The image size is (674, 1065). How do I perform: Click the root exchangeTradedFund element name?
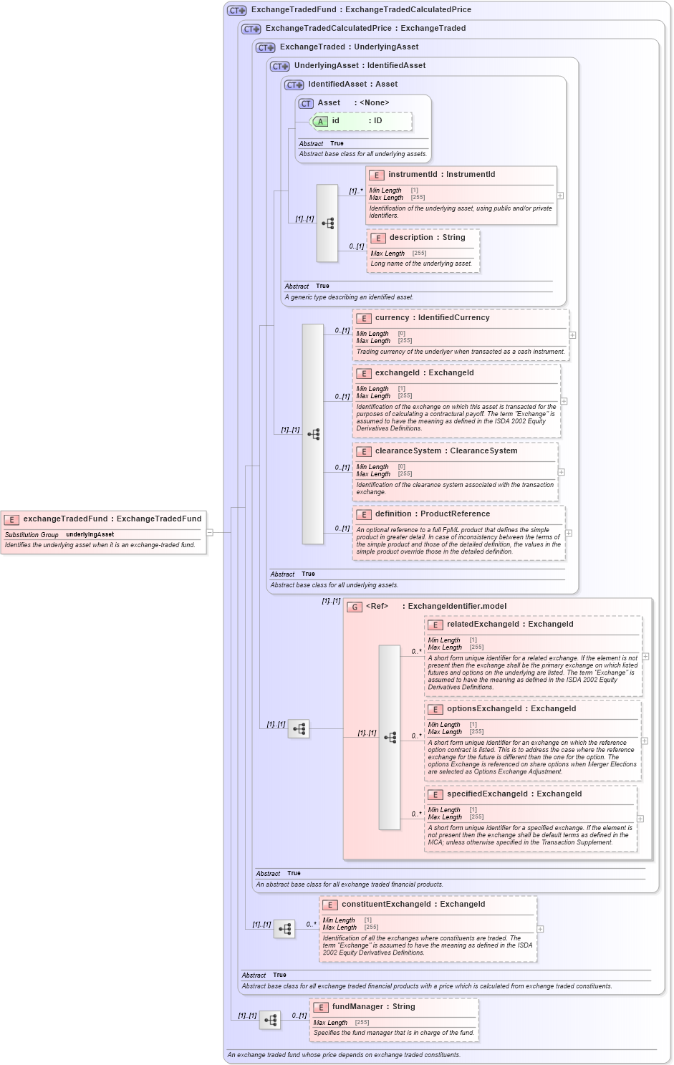tap(112, 519)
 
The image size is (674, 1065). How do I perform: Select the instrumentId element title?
tap(441, 174)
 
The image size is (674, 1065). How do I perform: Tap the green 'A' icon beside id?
tap(320, 121)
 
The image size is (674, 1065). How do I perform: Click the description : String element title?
tap(427, 237)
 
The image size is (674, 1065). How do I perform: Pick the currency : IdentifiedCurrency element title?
tap(432, 317)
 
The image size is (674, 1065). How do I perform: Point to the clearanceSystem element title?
tap(446, 450)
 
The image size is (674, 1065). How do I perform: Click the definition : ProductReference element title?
tap(432, 514)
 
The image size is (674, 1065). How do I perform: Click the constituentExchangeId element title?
tap(413, 904)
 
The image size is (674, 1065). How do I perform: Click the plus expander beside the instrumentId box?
tap(560, 196)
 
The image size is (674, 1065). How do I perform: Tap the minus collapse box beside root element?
tap(210, 532)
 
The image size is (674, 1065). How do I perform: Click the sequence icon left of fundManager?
tap(270, 1020)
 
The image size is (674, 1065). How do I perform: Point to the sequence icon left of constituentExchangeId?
tap(284, 929)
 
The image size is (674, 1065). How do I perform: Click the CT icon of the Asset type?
tap(306, 103)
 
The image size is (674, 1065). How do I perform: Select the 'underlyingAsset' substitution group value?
tap(90, 534)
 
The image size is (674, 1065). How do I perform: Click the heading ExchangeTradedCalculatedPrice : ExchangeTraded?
tap(365, 28)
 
